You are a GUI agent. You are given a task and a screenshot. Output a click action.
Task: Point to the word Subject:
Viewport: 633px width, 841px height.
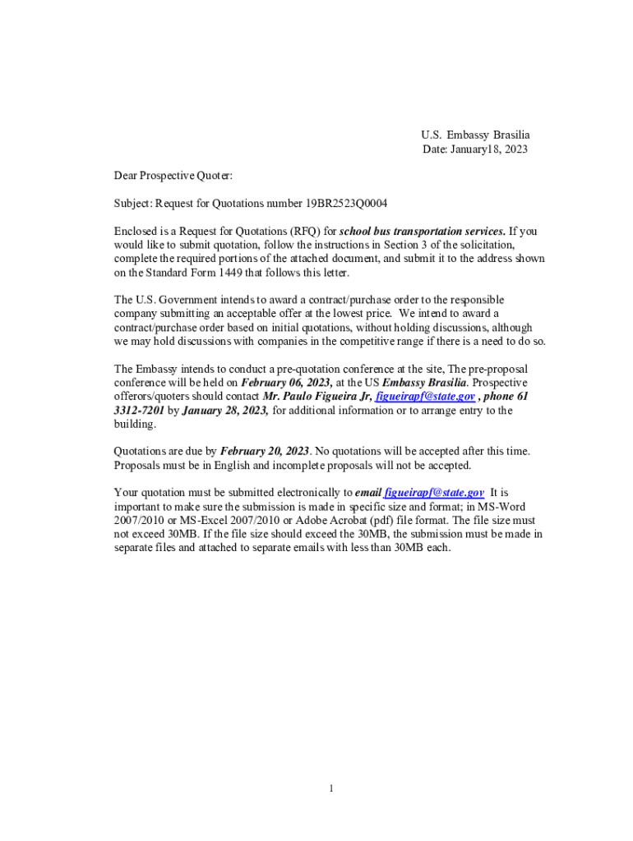coord(132,204)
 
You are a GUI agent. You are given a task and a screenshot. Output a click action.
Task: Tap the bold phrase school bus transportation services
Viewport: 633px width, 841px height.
coord(423,232)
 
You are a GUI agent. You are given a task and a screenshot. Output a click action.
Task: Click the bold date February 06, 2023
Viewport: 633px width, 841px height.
coord(286,383)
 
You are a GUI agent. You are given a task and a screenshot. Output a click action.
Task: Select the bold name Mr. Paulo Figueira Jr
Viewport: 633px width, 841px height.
coord(316,397)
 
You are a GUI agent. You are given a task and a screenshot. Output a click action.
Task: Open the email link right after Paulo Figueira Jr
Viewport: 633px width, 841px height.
coord(424,397)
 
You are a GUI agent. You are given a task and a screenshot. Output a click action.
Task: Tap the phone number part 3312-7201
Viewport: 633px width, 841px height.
coord(139,411)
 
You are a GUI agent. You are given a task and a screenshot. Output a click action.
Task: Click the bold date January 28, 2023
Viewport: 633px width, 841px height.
coord(225,411)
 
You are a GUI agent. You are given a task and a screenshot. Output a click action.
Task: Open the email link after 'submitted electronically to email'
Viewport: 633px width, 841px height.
coord(433,493)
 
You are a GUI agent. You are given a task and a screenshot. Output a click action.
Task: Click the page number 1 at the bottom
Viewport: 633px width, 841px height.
coord(330,789)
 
